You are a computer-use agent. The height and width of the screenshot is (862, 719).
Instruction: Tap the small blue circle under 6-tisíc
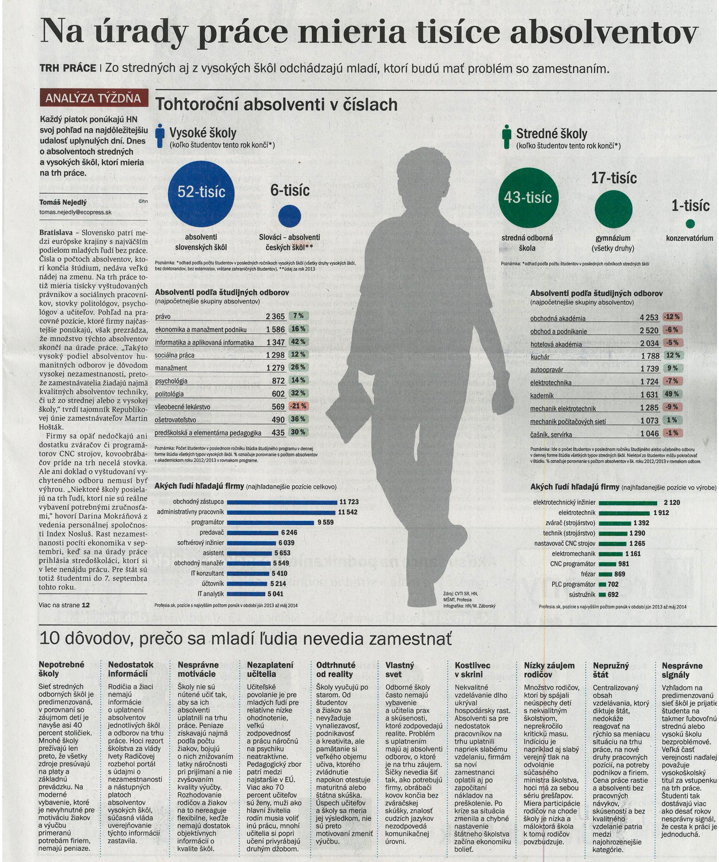coord(289,216)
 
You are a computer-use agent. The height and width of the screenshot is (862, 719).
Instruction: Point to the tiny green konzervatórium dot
coord(690,224)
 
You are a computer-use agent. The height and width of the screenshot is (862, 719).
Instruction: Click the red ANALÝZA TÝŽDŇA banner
coord(93,98)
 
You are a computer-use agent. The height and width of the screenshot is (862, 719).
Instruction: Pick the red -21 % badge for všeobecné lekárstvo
coord(298,406)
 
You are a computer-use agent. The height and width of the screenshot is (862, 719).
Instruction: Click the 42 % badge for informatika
coord(298,342)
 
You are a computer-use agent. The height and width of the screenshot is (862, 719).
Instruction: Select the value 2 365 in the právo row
coord(275,316)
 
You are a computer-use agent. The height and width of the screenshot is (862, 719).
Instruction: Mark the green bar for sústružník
coord(602,594)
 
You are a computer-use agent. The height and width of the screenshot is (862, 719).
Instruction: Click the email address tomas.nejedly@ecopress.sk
coord(76,212)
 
